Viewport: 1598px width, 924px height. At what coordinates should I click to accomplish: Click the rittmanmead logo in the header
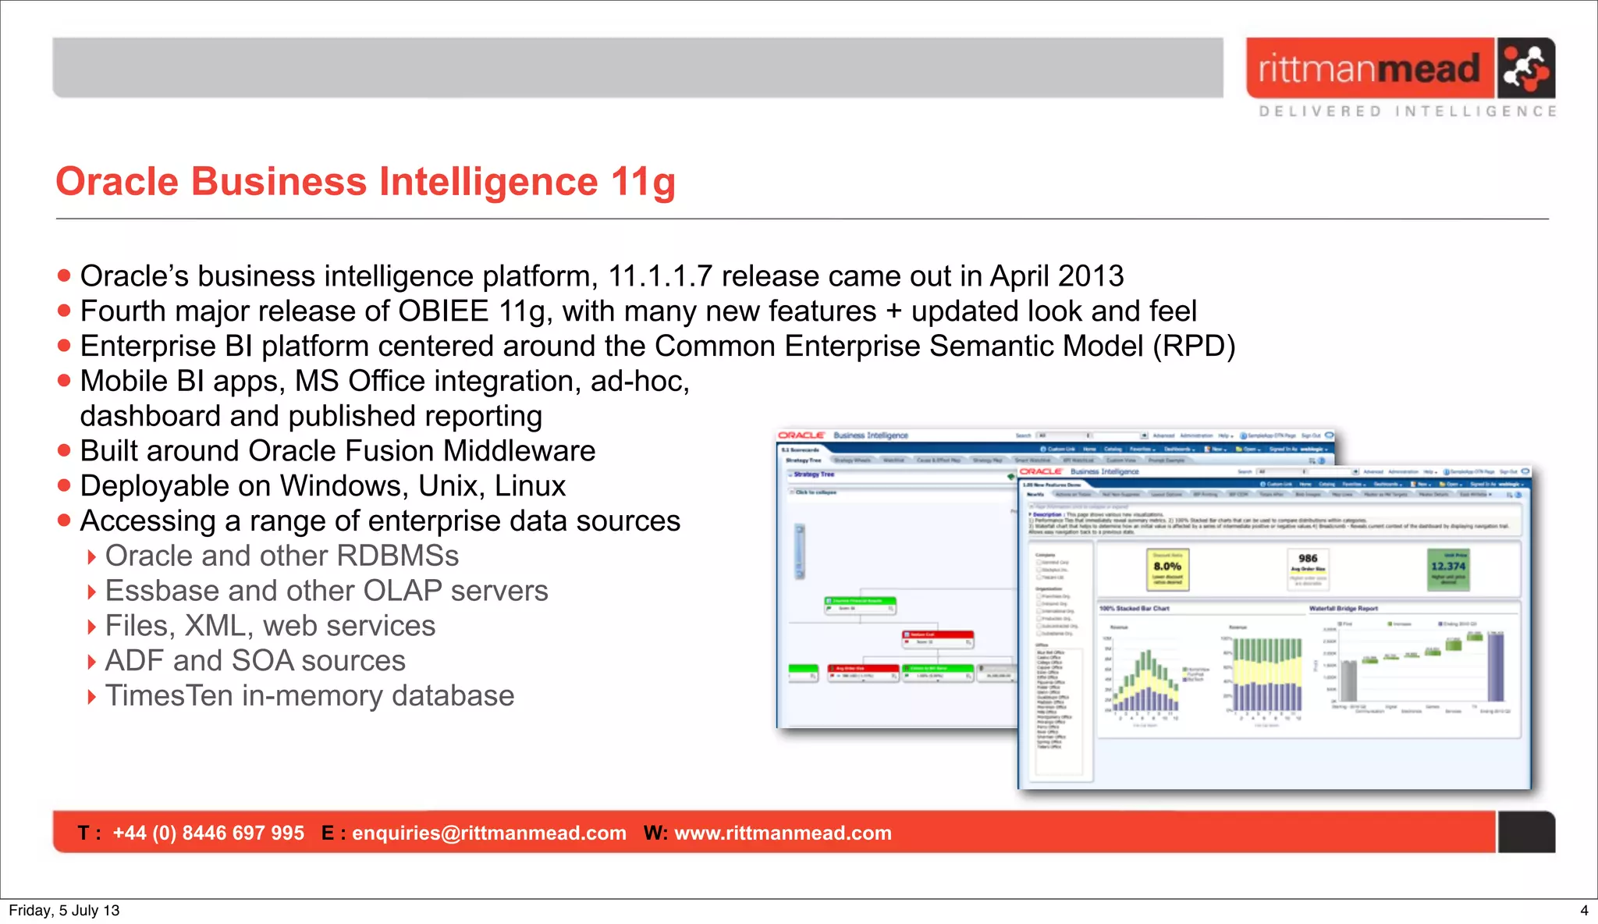point(1400,69)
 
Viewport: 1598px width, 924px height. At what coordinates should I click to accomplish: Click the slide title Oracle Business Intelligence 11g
point(365,182)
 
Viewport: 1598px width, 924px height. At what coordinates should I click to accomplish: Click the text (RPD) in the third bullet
point(1194,346)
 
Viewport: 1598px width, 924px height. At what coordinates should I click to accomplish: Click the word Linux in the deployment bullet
point(530,486)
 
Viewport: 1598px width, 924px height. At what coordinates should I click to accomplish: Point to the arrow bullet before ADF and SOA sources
point(92,663)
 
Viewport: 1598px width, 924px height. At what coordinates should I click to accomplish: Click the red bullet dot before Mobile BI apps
point(64,381)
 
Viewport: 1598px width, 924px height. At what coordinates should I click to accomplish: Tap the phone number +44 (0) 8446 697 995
point(208,833)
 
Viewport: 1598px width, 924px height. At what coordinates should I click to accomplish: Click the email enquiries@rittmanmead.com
point(489,833)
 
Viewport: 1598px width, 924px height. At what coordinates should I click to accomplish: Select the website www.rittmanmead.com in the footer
point(783,833)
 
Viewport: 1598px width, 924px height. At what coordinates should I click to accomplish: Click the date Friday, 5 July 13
point(64,911)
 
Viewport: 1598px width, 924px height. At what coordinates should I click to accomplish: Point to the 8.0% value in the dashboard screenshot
point(1167,567)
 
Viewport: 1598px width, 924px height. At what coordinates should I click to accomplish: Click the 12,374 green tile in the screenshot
point(1448,567)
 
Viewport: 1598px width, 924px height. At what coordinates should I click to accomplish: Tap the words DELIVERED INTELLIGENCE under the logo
point(1408,112)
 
